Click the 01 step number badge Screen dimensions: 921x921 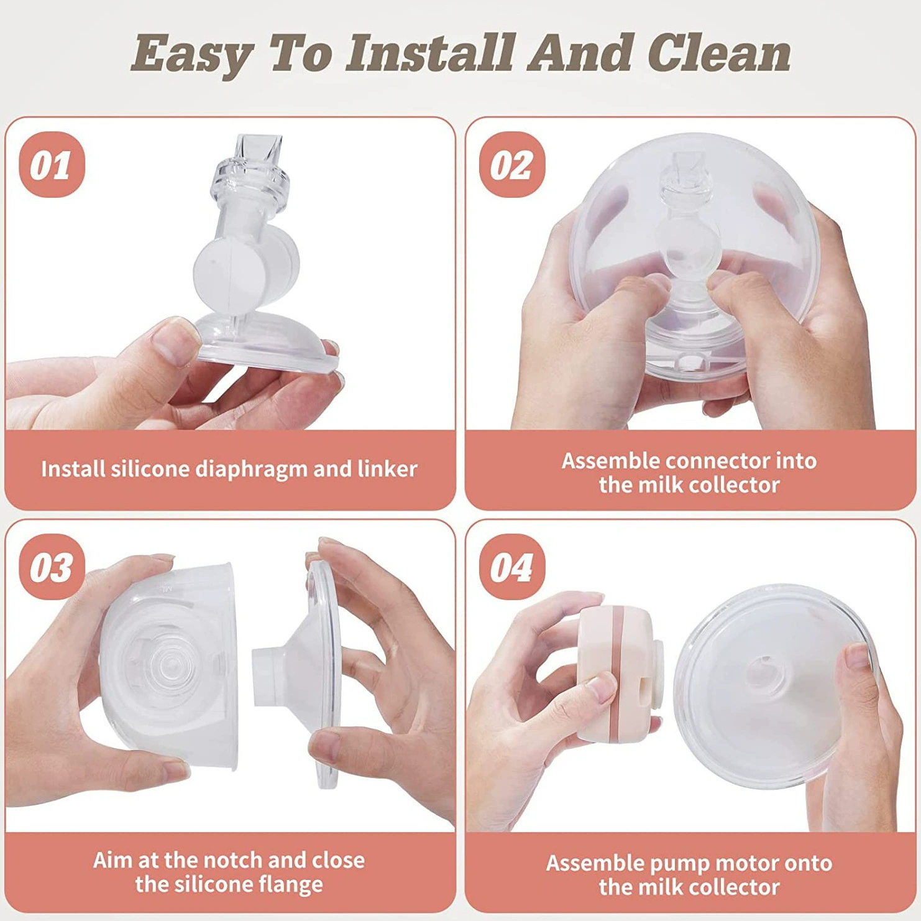point(52,165)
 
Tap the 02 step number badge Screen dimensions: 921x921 point(511,165)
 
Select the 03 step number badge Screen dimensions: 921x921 point(52,567)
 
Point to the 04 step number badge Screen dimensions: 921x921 point(511,567)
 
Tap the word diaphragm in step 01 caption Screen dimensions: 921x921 point(251,470)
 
